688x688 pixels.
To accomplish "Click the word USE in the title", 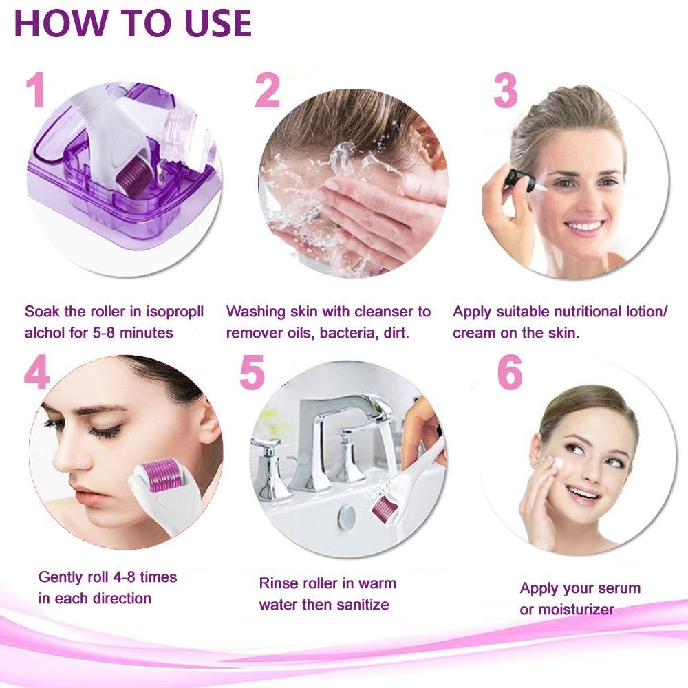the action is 218,23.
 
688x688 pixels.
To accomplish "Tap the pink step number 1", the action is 36,90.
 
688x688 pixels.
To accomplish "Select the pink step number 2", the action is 267,90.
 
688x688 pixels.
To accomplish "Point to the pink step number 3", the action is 506,90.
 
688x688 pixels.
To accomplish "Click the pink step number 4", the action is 36,372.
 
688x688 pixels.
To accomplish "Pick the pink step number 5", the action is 252,372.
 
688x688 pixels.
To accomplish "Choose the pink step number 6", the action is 510,372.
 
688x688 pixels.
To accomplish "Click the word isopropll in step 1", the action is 175,312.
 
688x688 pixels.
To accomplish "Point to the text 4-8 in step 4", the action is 124,577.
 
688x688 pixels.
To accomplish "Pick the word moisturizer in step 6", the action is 576,610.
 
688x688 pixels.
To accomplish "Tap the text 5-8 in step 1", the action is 104,333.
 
